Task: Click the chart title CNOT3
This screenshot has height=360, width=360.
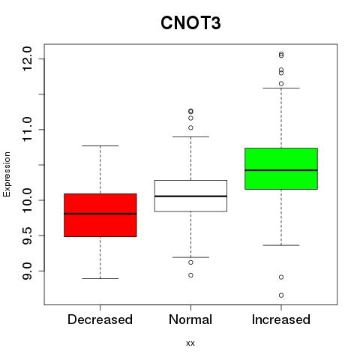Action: coord(190,23)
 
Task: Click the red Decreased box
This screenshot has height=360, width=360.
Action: coord(100,215)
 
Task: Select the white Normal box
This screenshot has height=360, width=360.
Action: coord(190,196)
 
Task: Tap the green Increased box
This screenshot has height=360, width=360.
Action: coord(281,169)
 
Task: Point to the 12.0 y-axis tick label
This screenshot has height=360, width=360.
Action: coord(27,58)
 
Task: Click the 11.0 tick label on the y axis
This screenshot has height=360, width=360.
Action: coord(27,130)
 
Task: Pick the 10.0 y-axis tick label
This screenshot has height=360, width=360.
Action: coord(27,200)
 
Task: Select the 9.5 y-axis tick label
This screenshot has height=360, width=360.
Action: coord(27,235)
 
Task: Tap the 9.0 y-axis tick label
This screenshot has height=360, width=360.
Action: coord(27,271)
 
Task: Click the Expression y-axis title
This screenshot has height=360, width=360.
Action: coord(7,174)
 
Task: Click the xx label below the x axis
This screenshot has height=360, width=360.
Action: coord(190,343)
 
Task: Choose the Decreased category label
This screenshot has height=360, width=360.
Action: coord(100,319)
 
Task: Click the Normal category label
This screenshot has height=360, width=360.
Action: coord(190,319)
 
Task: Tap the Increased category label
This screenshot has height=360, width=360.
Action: coord(281,319)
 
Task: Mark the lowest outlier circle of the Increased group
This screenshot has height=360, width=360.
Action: coord(281,295)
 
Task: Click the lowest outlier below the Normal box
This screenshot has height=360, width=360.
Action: coord(190,275)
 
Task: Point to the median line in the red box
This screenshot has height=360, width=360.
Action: coord(100,214)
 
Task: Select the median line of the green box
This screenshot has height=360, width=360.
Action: coord(281,170)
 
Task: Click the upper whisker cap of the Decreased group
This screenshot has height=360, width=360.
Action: coord(100,145)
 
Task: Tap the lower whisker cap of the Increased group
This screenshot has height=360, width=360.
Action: coord(281,245)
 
